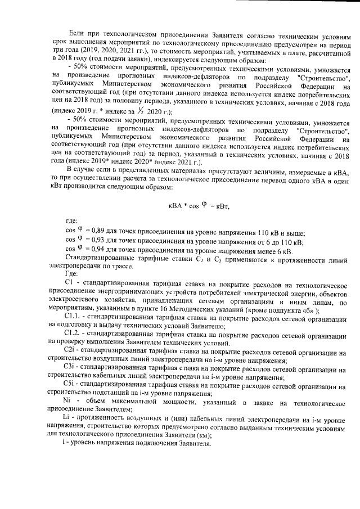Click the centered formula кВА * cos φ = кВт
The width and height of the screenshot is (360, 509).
coord(199,206)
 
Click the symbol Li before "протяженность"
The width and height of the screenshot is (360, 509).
coord(68,420)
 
